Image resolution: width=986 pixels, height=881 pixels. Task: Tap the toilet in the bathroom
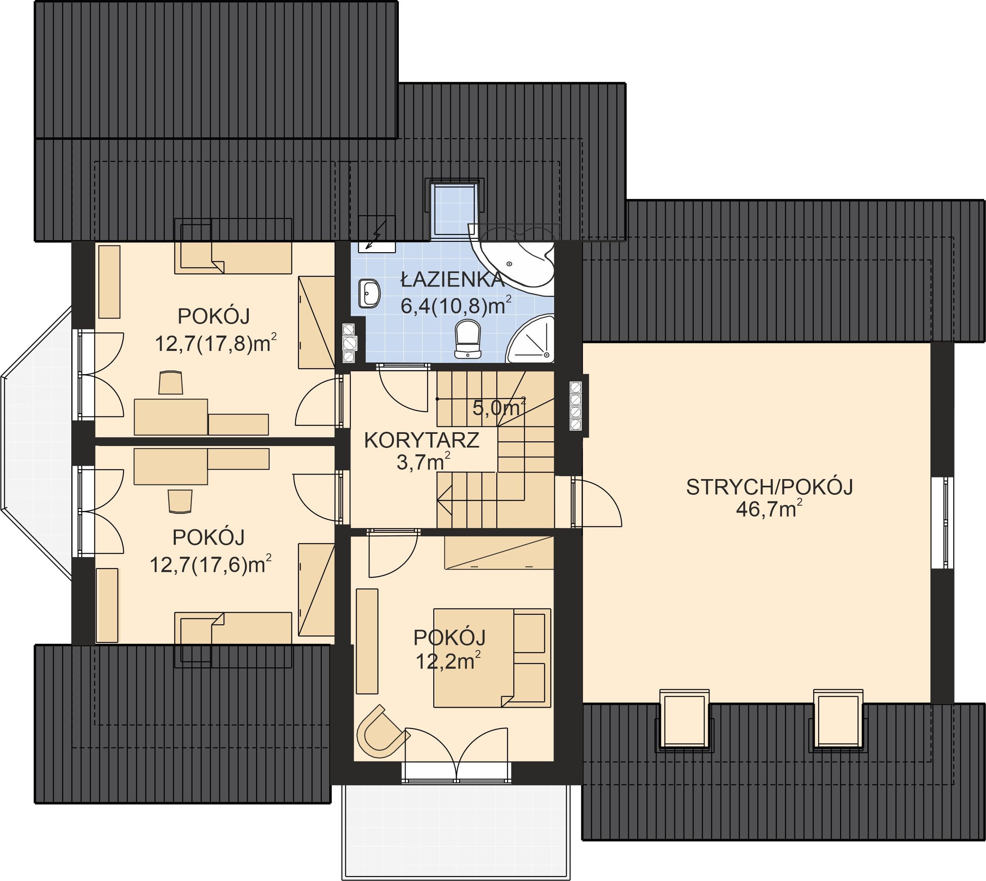(468, 339)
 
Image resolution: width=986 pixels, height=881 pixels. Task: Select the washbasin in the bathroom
(369, 293)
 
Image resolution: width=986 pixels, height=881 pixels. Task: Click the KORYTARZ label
(421, 440)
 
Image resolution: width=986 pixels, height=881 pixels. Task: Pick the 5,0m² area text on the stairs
(499, 408)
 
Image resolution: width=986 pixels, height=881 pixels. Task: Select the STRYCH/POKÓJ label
(769, 487)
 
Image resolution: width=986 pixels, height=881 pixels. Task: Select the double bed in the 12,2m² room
(492, 658)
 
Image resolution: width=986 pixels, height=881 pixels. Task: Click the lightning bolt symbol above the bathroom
(376, 234)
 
